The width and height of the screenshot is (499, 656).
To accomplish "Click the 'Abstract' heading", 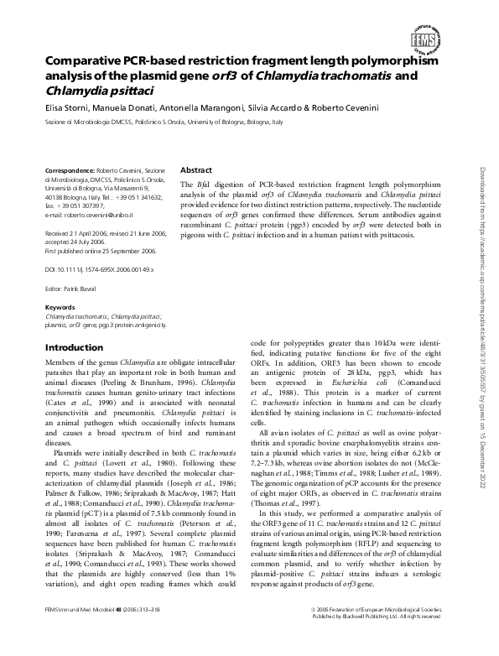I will (197, 169).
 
